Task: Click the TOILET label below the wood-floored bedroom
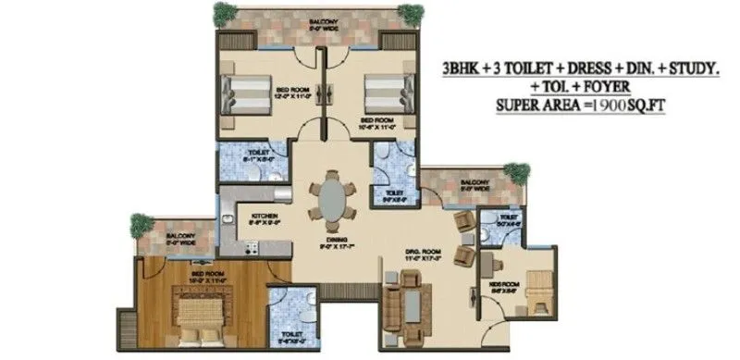(286, 333)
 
